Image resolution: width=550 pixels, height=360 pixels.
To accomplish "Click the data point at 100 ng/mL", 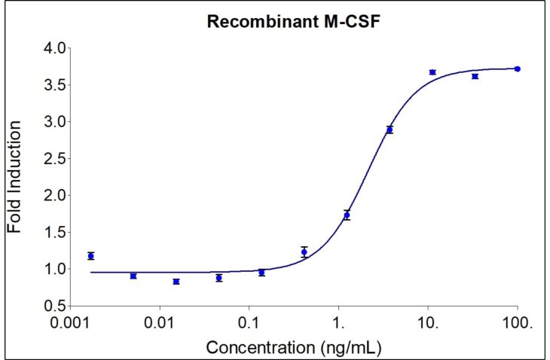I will click(x=518, y=69).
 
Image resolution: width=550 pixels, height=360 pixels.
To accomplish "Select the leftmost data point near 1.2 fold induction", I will click(x=90, y=256).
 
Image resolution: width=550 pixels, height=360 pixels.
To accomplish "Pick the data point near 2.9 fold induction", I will click(x=390, y=130).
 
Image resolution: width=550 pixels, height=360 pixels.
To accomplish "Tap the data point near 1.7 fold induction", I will click(x=347, y=215).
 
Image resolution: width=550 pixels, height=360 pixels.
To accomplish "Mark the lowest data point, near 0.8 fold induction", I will click(x=176, y=282).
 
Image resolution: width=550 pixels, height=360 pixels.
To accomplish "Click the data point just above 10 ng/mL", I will click(x=432, y=72).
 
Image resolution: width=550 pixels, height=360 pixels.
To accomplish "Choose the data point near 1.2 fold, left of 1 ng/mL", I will click(x=304, y=252).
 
